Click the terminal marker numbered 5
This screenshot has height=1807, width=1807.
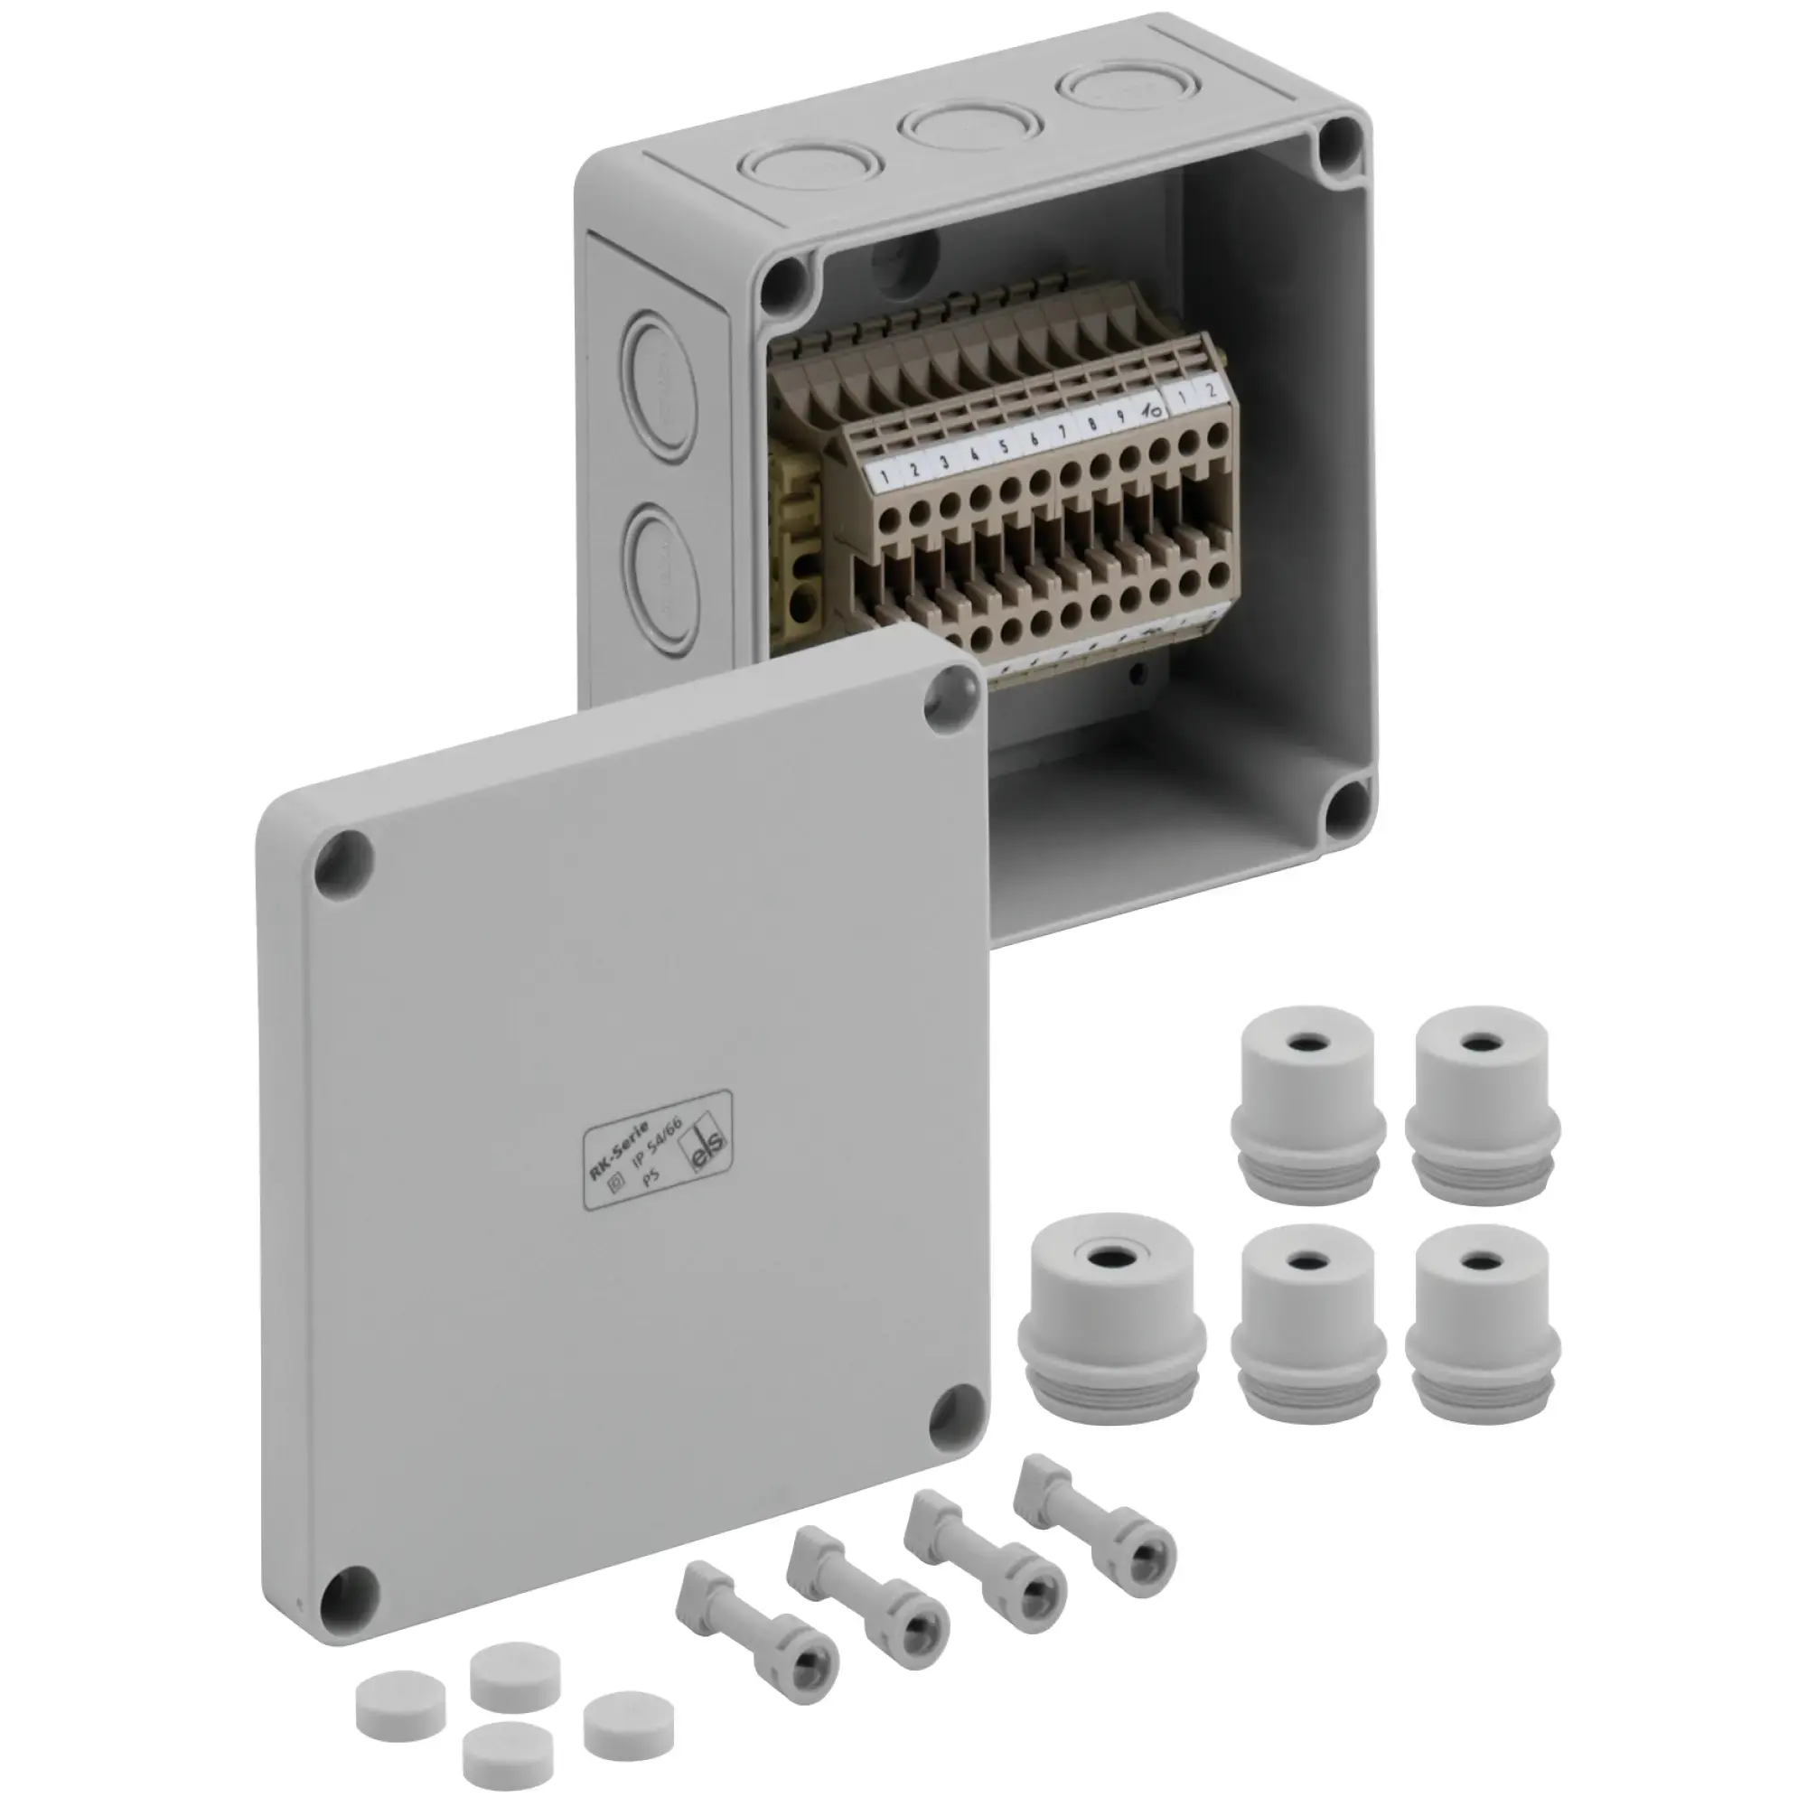coord(1004,446)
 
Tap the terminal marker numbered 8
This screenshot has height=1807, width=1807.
coord(1091,425)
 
